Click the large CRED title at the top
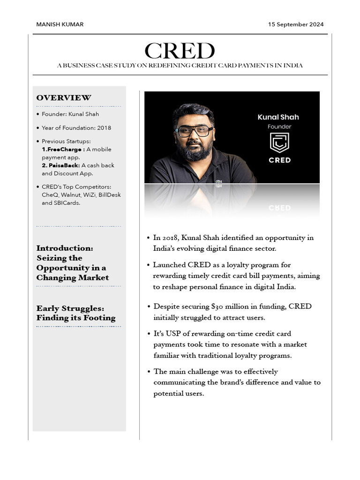pyautogui.click(x=180, y=51)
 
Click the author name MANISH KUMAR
pyautogui.click(x=60, y=24)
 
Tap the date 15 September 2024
pyautogui.click(x=296, y=24)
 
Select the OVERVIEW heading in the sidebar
pyautogui.click(x=64, y=97)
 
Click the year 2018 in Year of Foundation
pyautogui.click(x=104, y=127)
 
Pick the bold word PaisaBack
pyautogui.click(x=62, y=165)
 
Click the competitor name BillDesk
pyautogui.click(x=110, y=195)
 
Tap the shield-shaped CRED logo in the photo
pyautogui.click(x=279, y=143)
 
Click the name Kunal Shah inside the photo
pyautogui.click(x=278, y=117)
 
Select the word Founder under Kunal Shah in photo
pyautogui.click(x=279, y=127)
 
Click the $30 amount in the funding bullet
pyautogui.click(x=217, y=307)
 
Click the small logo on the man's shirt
pyautogui.click(x=219, y=181)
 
